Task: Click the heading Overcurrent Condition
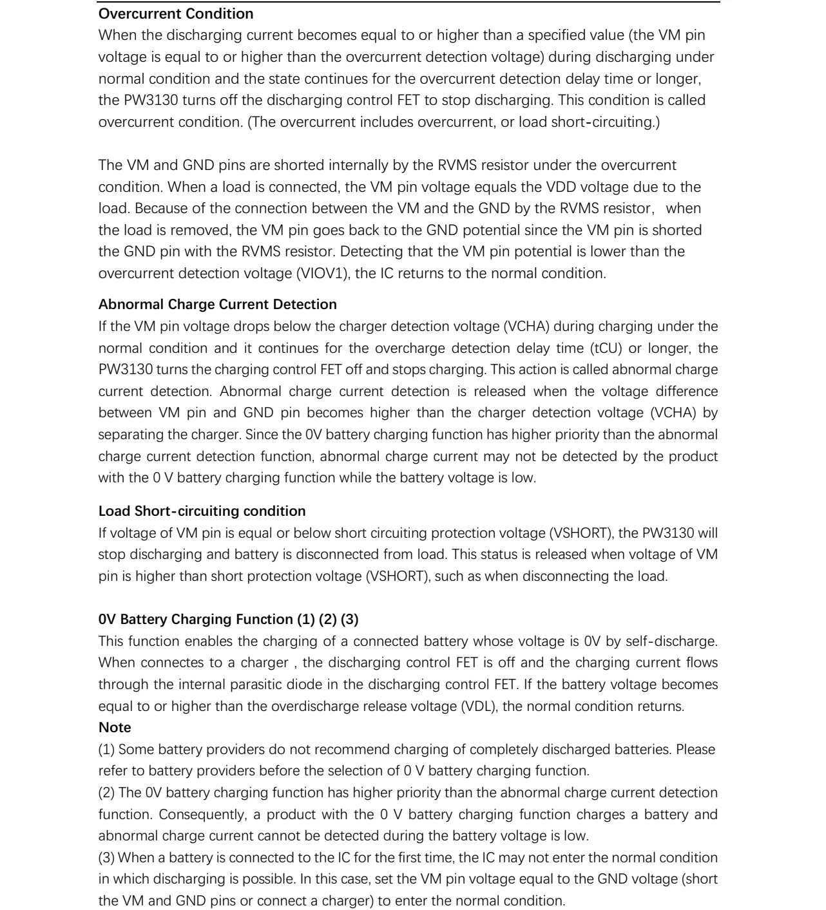click(176, 14)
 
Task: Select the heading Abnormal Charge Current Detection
click(217, 304)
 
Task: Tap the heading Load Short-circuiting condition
click(202, 511)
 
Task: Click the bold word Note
click(115, 728)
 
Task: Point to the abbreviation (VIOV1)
click(323, 274)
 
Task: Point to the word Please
click(695, 750)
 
